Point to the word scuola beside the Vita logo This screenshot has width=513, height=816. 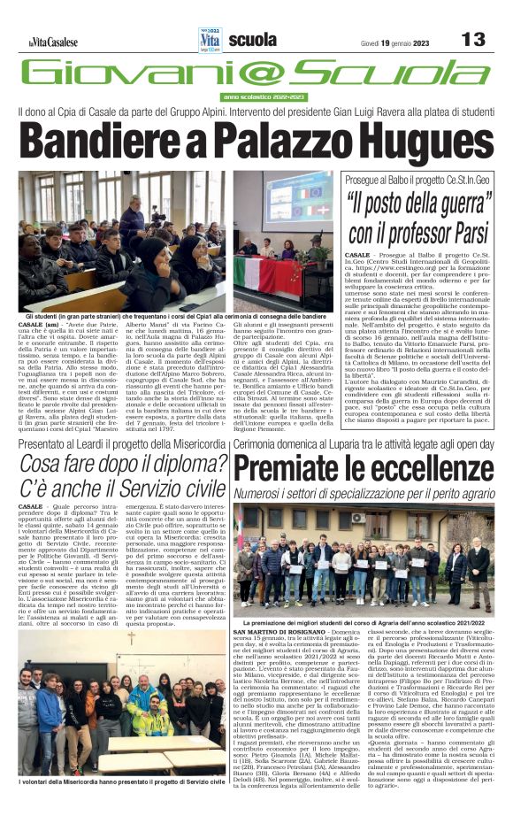pos(251,40)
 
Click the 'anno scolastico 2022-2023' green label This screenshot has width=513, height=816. pos(265,96)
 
